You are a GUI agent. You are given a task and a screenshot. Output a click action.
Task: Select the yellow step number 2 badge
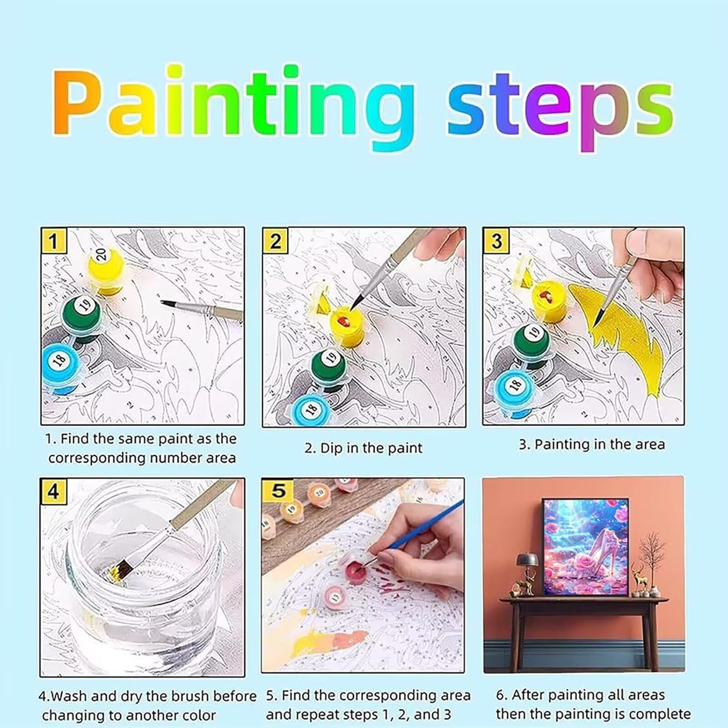275,241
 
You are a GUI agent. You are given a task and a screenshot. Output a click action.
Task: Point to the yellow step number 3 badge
496,241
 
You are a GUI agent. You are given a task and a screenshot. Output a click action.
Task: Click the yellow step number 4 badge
53,492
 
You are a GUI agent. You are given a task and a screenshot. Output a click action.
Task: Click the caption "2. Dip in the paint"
364,448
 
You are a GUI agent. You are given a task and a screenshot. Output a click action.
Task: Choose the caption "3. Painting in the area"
592,445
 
